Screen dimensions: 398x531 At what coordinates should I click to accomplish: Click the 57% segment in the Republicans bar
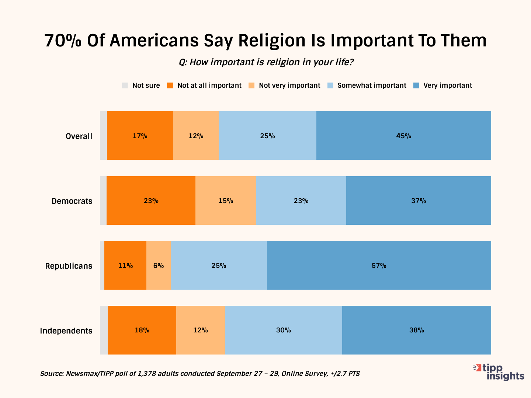[379, 265]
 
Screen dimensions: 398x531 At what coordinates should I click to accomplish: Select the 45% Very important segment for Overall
[403, 136]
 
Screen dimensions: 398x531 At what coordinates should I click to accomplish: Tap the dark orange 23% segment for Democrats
[151, 200]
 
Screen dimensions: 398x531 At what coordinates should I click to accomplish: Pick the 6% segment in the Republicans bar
[159, 265]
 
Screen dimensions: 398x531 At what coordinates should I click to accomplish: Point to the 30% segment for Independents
[283, 330]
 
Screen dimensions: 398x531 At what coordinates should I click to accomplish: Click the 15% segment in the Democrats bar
[226, 200]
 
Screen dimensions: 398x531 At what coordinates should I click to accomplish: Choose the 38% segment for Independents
[416, 330]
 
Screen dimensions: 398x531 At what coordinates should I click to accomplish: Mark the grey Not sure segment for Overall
[103, 136]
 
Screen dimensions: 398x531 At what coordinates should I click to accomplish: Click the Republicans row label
[69, 266]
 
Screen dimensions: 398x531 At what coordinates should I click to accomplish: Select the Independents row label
[66, 331]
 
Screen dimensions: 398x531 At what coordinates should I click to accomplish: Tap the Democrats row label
[72, 201]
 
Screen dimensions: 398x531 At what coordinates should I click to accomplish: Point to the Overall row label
[79, 136]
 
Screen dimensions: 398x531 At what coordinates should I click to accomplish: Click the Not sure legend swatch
[125, 85]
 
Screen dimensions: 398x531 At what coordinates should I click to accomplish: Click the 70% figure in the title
[63, 41]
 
